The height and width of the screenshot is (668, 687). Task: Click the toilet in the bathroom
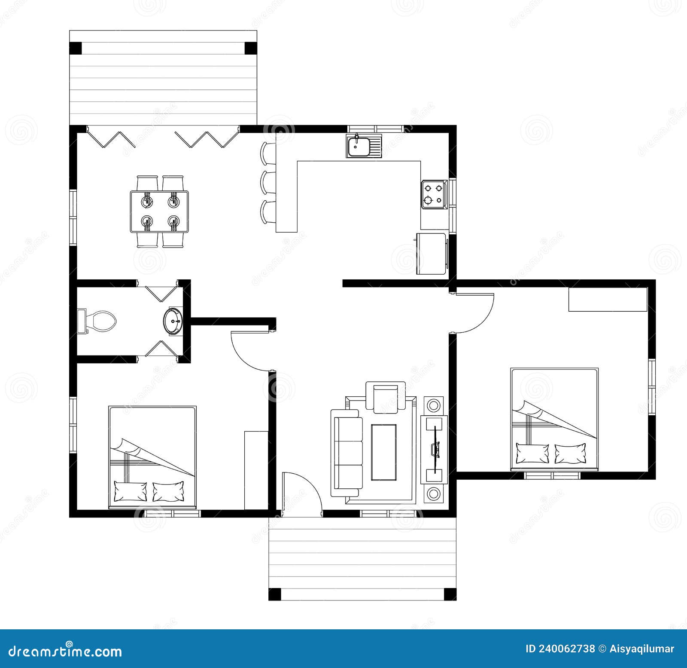[x=99, y=321]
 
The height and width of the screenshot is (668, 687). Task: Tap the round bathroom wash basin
[x=173, y=321]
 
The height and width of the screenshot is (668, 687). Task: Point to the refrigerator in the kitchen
[x=432, y=254]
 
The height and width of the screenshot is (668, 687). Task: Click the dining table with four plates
[x=159, y=211]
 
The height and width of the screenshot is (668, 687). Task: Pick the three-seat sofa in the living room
[x=347, y=453]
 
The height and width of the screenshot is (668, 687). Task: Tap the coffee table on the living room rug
[x=383, y=452]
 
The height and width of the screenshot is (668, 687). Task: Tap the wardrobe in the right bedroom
[x=608, y=299]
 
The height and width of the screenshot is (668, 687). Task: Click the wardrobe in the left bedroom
[x=256, y=470]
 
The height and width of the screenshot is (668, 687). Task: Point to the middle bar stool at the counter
[x=269, y=182]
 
